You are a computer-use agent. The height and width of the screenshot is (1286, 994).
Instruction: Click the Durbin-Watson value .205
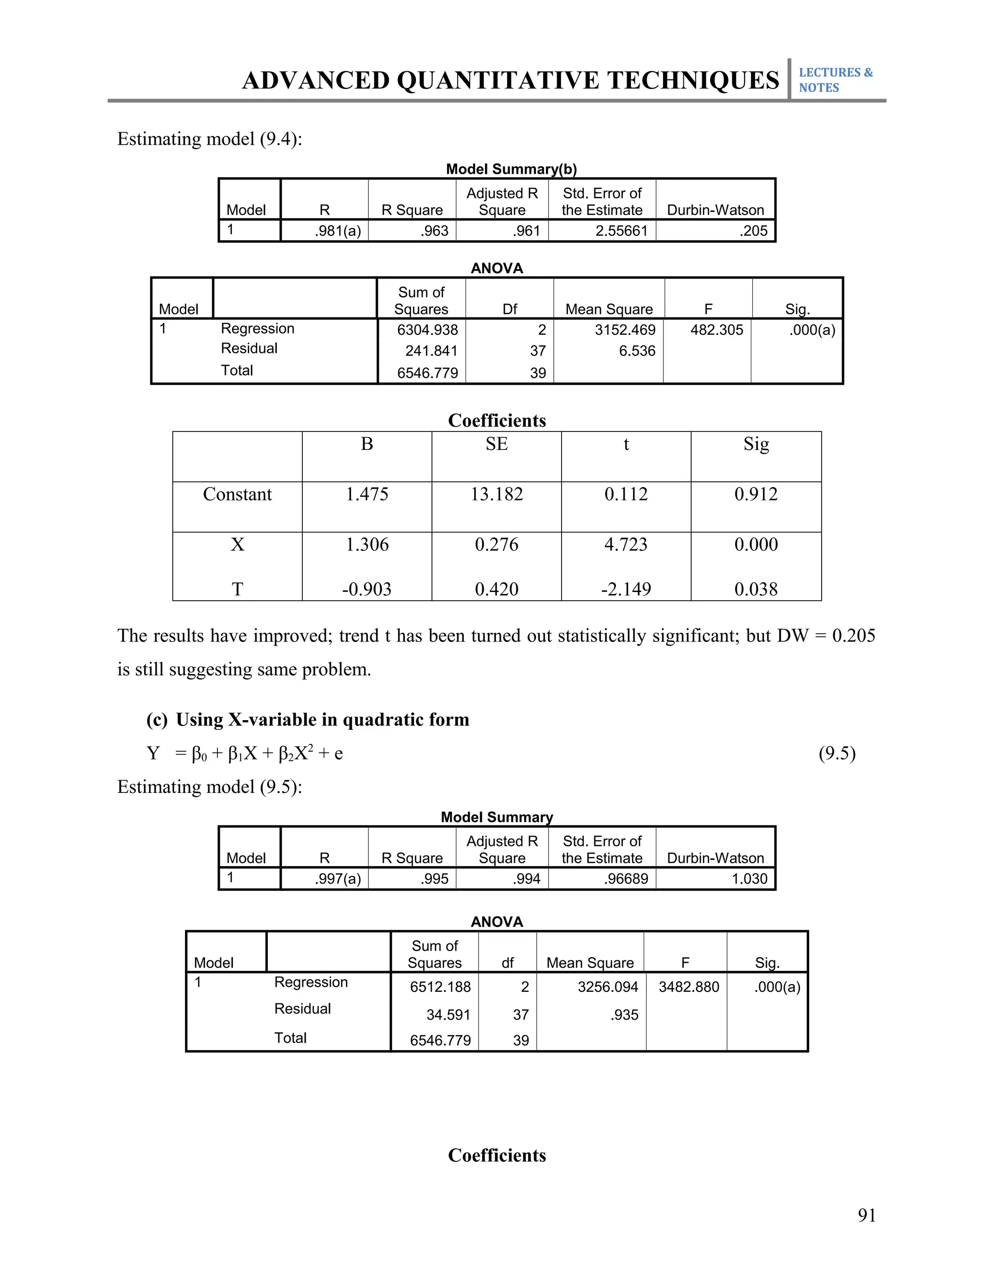[753, 231]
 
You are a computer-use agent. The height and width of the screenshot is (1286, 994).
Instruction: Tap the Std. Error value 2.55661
[621, 231]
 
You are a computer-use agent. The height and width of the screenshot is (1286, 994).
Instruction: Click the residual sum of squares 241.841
[431, 351]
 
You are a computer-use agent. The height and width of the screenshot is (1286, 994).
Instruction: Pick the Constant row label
[237, 494]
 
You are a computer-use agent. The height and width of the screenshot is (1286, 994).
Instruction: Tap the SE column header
[497, 444]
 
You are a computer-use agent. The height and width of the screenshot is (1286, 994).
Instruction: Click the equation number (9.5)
[837, 753]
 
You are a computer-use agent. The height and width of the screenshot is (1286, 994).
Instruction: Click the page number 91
[866, 1215]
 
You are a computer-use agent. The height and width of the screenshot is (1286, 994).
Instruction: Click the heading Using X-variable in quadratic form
[322, 720]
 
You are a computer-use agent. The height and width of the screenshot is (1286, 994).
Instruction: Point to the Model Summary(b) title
[511, 169]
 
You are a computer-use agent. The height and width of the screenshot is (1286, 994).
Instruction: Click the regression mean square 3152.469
[624, 330]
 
